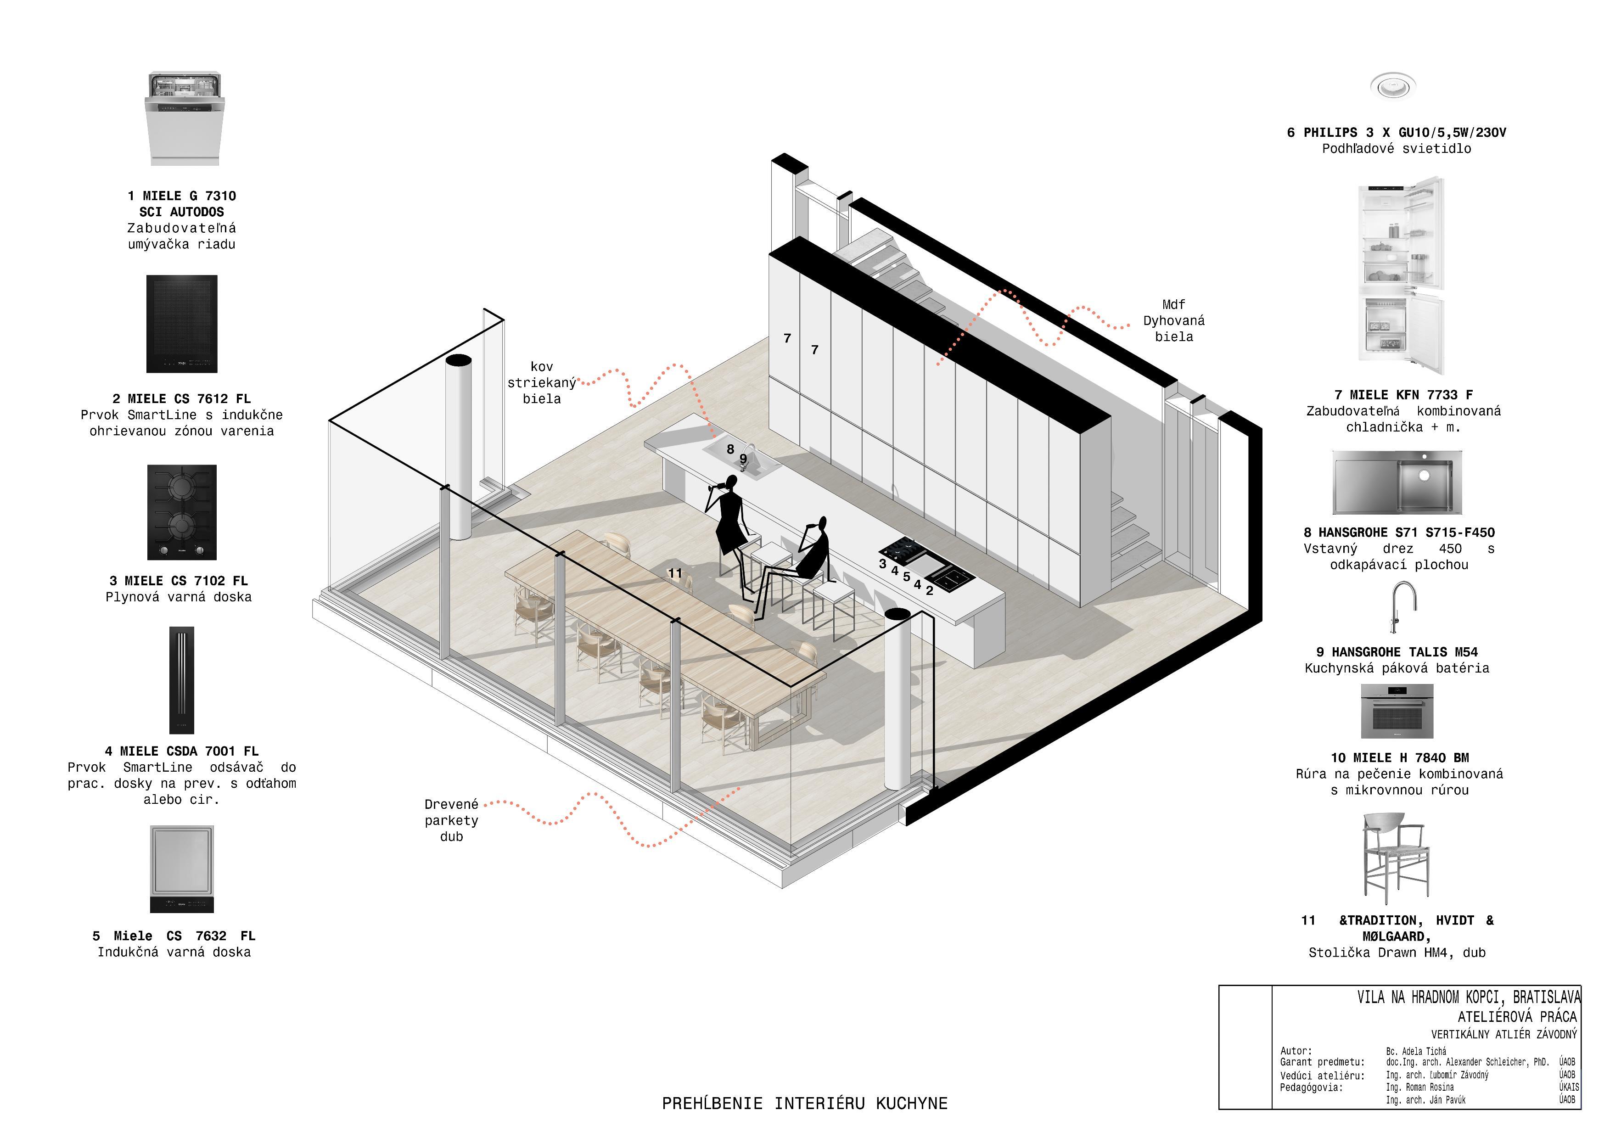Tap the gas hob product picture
coord(182,512)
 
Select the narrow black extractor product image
coord(182,680)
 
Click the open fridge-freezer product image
coord(1400,275)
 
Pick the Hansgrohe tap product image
coord(1403,608)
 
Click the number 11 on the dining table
coord(674,573)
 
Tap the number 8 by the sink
coord(730,449)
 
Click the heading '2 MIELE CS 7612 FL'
coord(182,399)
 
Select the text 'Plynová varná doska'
coord(178,597)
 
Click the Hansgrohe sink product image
coord(1397,482)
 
